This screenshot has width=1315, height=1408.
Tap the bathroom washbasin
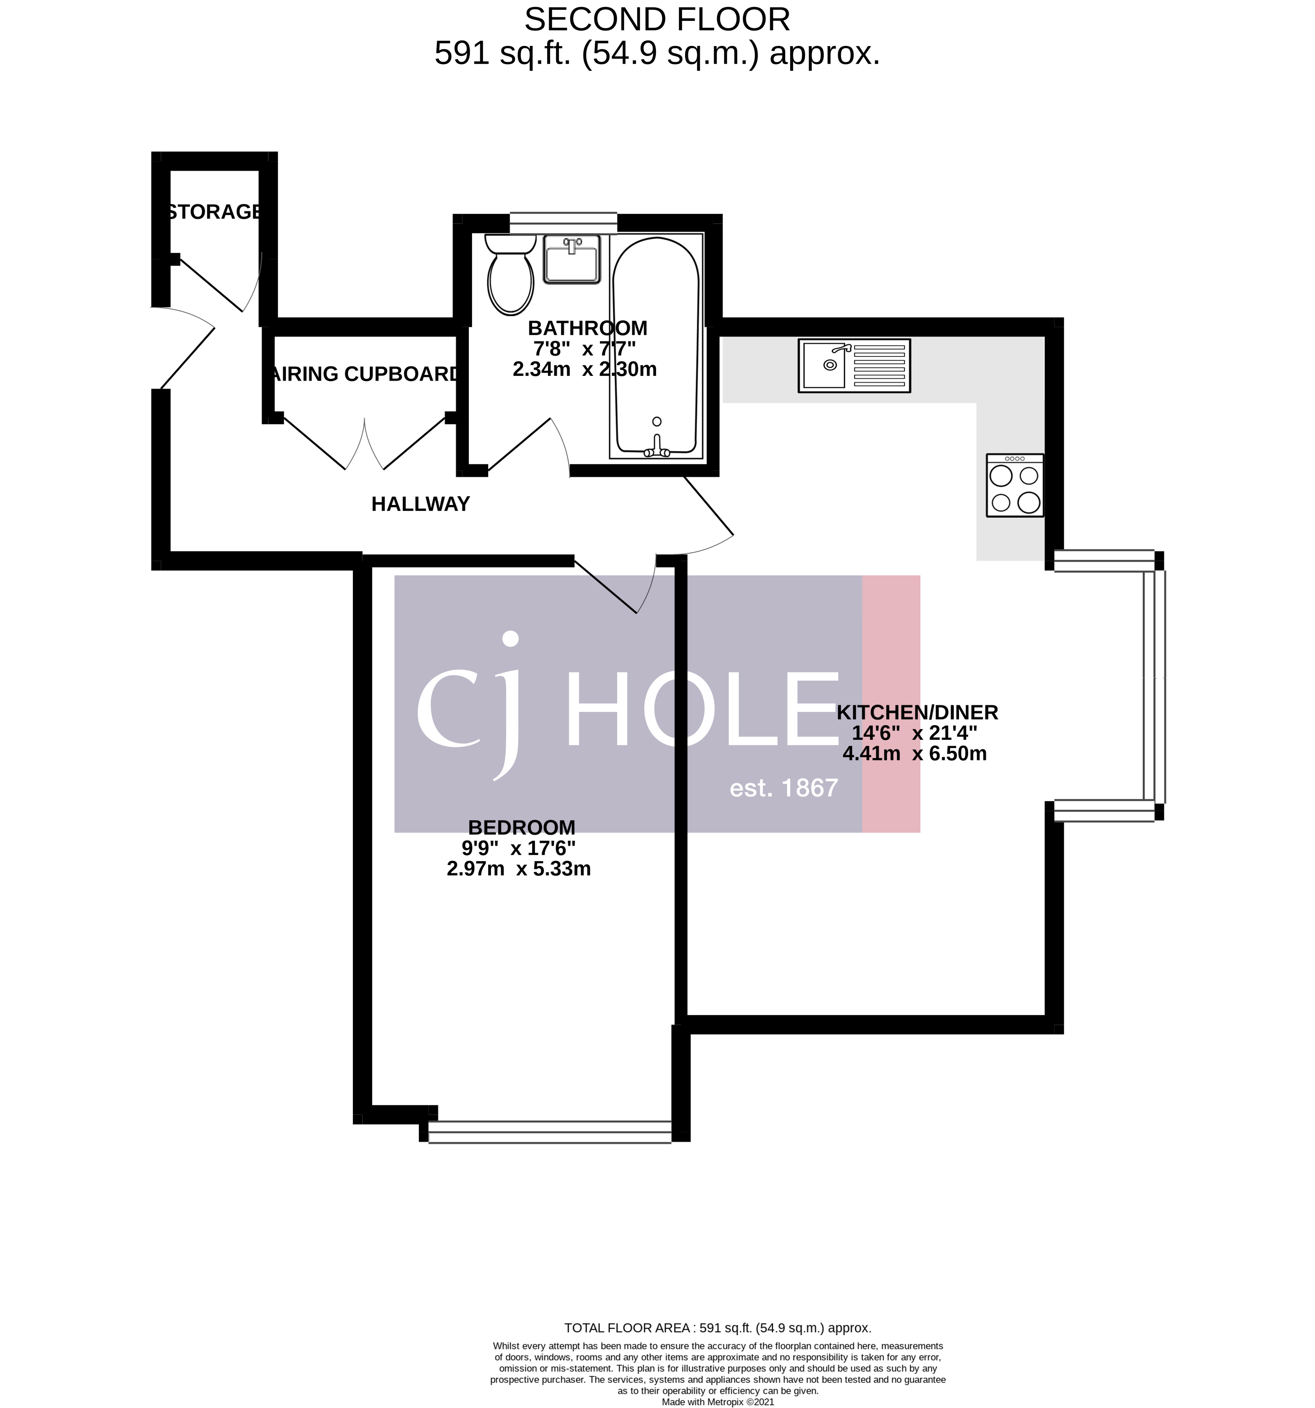click(572, 259)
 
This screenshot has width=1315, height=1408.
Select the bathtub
click(656, 346)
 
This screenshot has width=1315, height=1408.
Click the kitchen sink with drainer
click(854, 366)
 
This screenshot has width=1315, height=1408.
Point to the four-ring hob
click(1015, 485)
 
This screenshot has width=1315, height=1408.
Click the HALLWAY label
click(421, 504)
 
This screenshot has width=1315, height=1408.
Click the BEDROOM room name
click(521, 827)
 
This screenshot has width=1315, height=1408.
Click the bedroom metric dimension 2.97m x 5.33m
click(518, 869)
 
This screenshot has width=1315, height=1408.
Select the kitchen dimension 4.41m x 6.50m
click(914, 754)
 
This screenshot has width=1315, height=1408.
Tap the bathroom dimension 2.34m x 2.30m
click(585, 369)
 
